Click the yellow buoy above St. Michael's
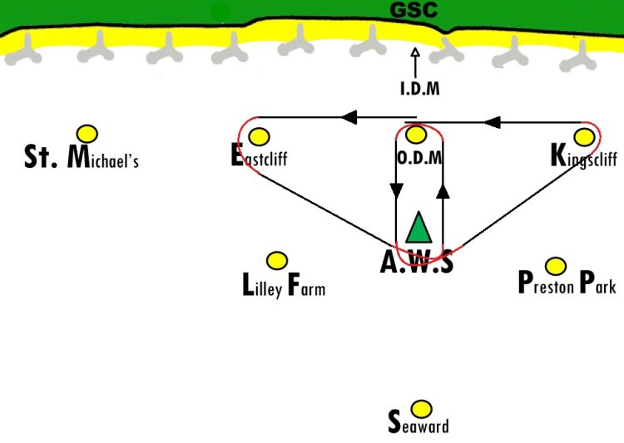pos(87,134)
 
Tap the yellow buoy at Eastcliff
pos(259,136)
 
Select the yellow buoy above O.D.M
pos(416,135)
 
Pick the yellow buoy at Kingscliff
pos(584,137)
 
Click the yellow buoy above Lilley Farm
pos(277,261)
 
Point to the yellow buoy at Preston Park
pos(556,266)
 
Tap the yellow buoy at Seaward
pos(421,409)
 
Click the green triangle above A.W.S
pos(418,229)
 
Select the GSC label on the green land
pos(414,10)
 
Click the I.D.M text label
pos(420,88)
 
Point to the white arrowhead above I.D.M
pos(415,52)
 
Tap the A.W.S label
pos(416,262)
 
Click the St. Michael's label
pos(82,157)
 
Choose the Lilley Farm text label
pos(284,285)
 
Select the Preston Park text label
pos(567,283)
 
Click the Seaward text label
pos(418,422)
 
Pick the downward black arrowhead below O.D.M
pos(396,190)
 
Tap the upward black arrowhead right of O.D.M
pos(443,191)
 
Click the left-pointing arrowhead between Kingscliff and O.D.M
pos(492,122)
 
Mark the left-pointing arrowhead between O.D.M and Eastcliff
pos(349,117)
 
